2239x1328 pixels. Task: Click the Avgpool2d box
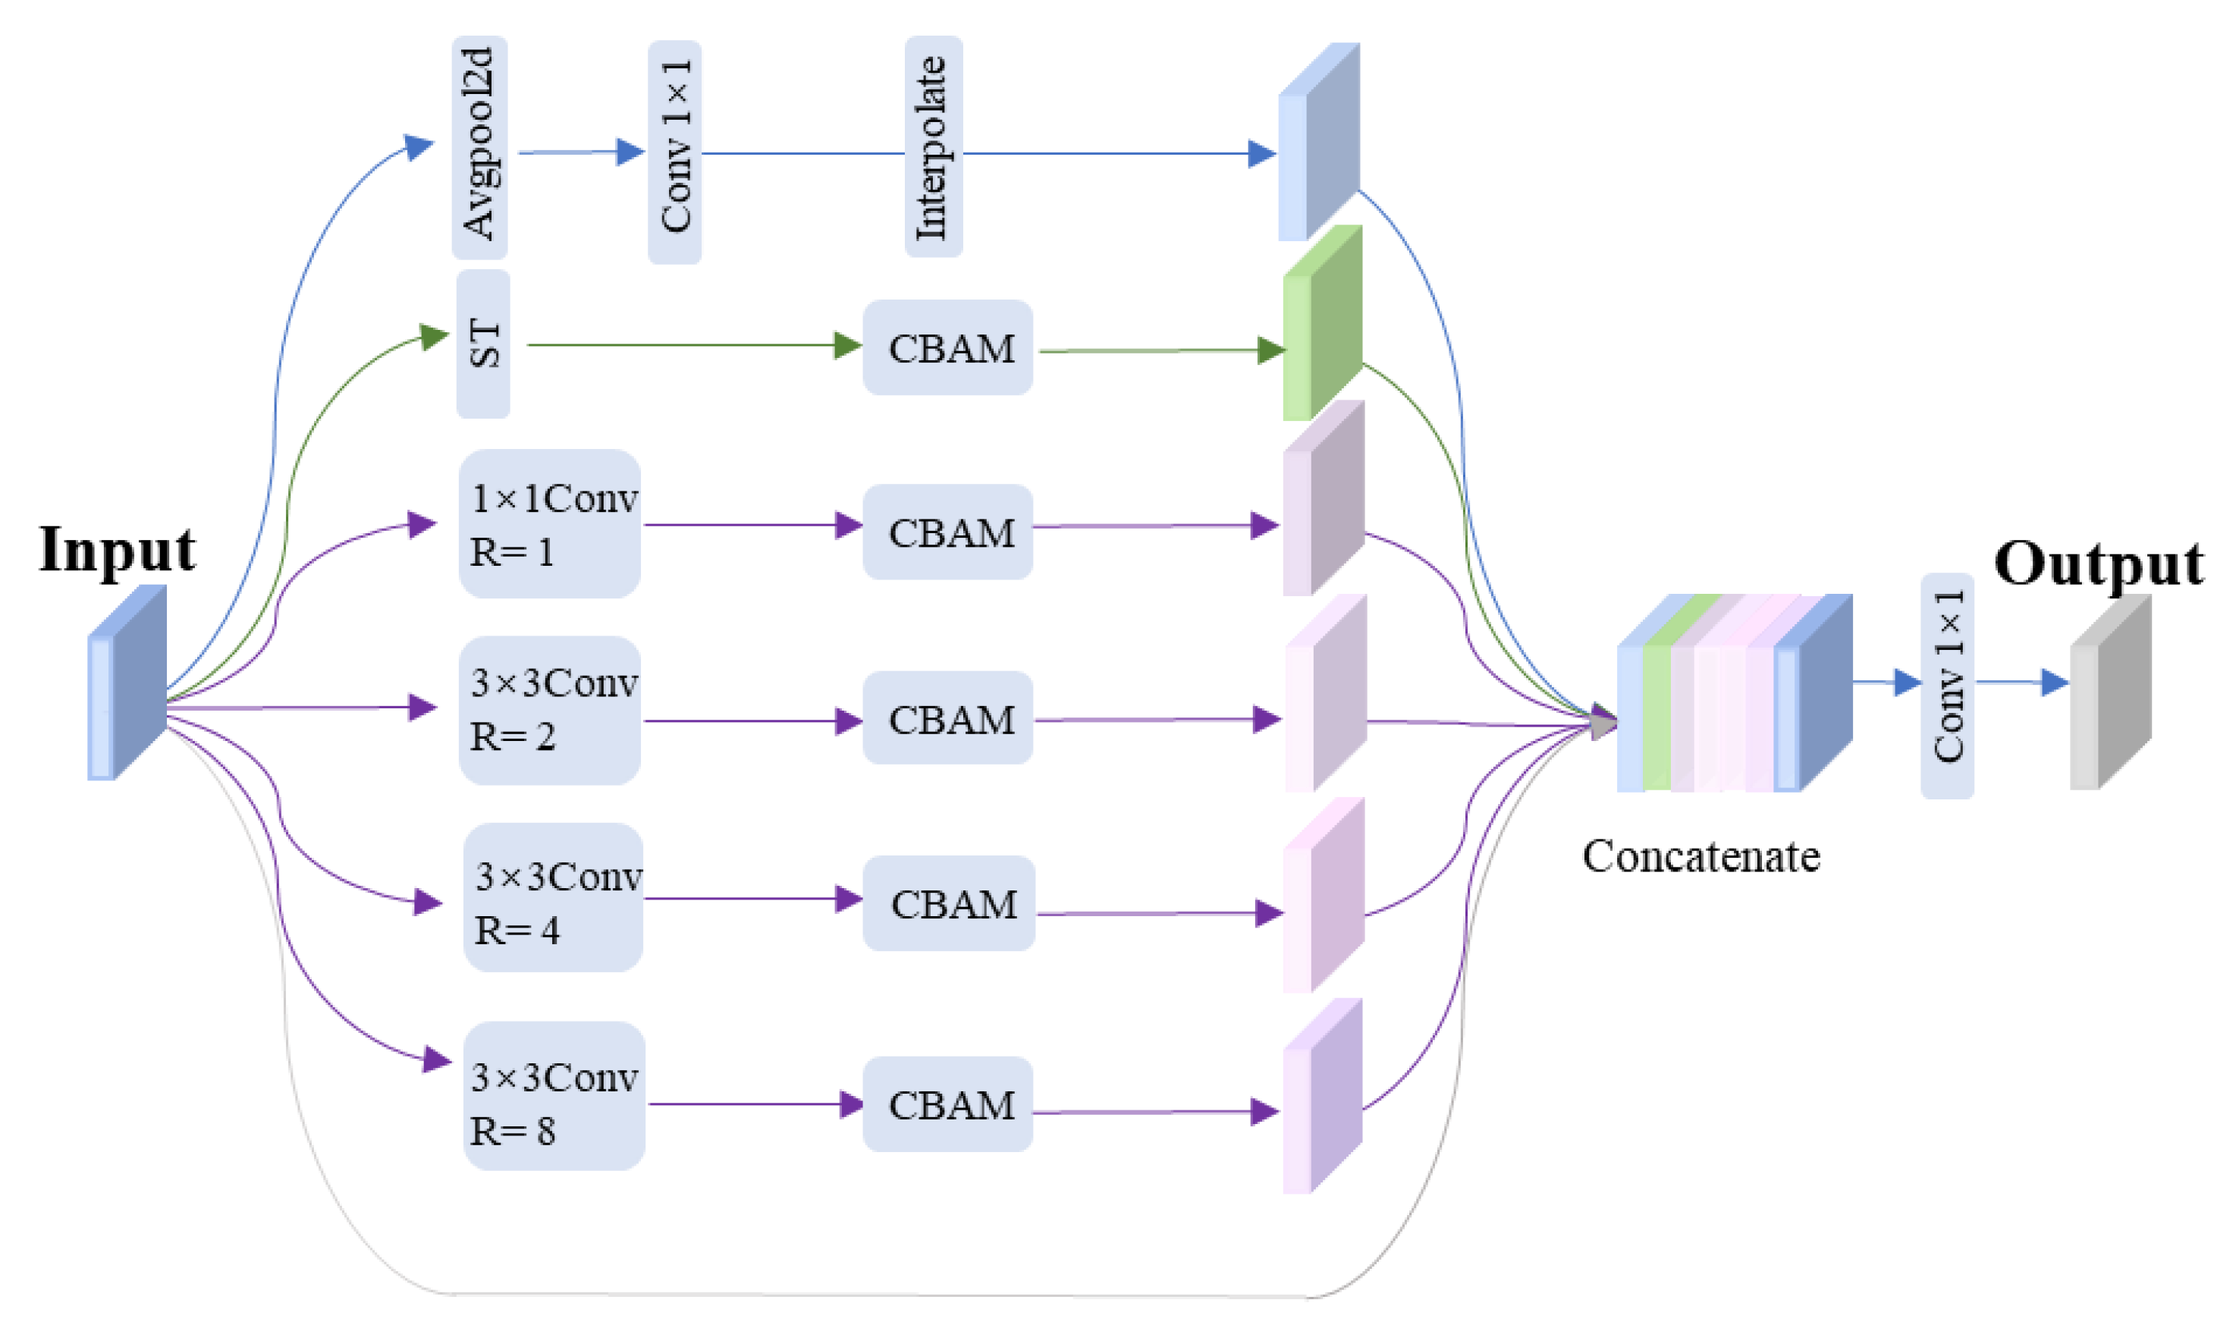coord(479,148)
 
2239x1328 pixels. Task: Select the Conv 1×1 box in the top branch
coord(675,152)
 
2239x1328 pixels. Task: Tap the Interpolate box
coord(934,147)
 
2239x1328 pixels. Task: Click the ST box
coord(483,344)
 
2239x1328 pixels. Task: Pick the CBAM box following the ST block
coord(947,347)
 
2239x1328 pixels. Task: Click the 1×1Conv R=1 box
coord(549,523)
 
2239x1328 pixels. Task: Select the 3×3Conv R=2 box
coord(549,711)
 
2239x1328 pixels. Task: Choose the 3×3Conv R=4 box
coord(553,897)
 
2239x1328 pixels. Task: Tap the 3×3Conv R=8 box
coord(554,1096)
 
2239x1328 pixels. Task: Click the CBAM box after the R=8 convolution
coord(947,1104)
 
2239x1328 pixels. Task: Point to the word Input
coord(118,549)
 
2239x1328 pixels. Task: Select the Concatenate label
coord(1700,856)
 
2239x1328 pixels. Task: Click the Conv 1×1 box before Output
coord(1947,686)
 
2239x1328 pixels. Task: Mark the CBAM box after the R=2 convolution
coord(947,717)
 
